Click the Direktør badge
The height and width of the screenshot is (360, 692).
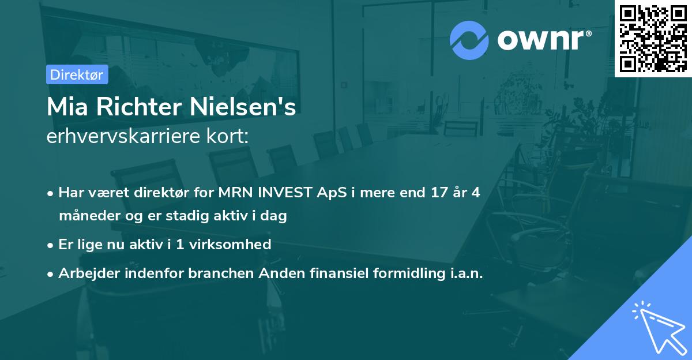76,74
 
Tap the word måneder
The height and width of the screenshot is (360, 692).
85,216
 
